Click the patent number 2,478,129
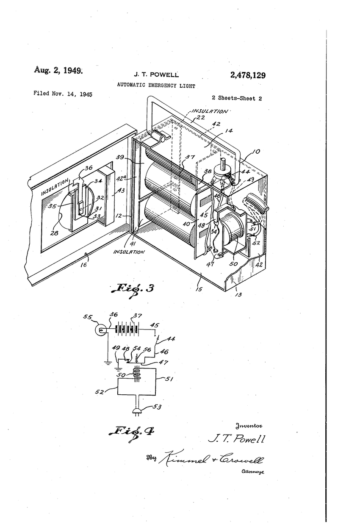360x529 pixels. click(x=248, y=75)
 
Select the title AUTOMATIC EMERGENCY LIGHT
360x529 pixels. click(x=156, y=86)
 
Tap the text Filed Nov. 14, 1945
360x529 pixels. click(x=63, y=93)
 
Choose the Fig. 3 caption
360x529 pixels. click(x=132, y=289)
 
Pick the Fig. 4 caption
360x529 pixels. click(x=133, y=431)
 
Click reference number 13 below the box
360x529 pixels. click(x=238, y=294)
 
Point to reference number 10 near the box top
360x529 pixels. click(x=257, y=151)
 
